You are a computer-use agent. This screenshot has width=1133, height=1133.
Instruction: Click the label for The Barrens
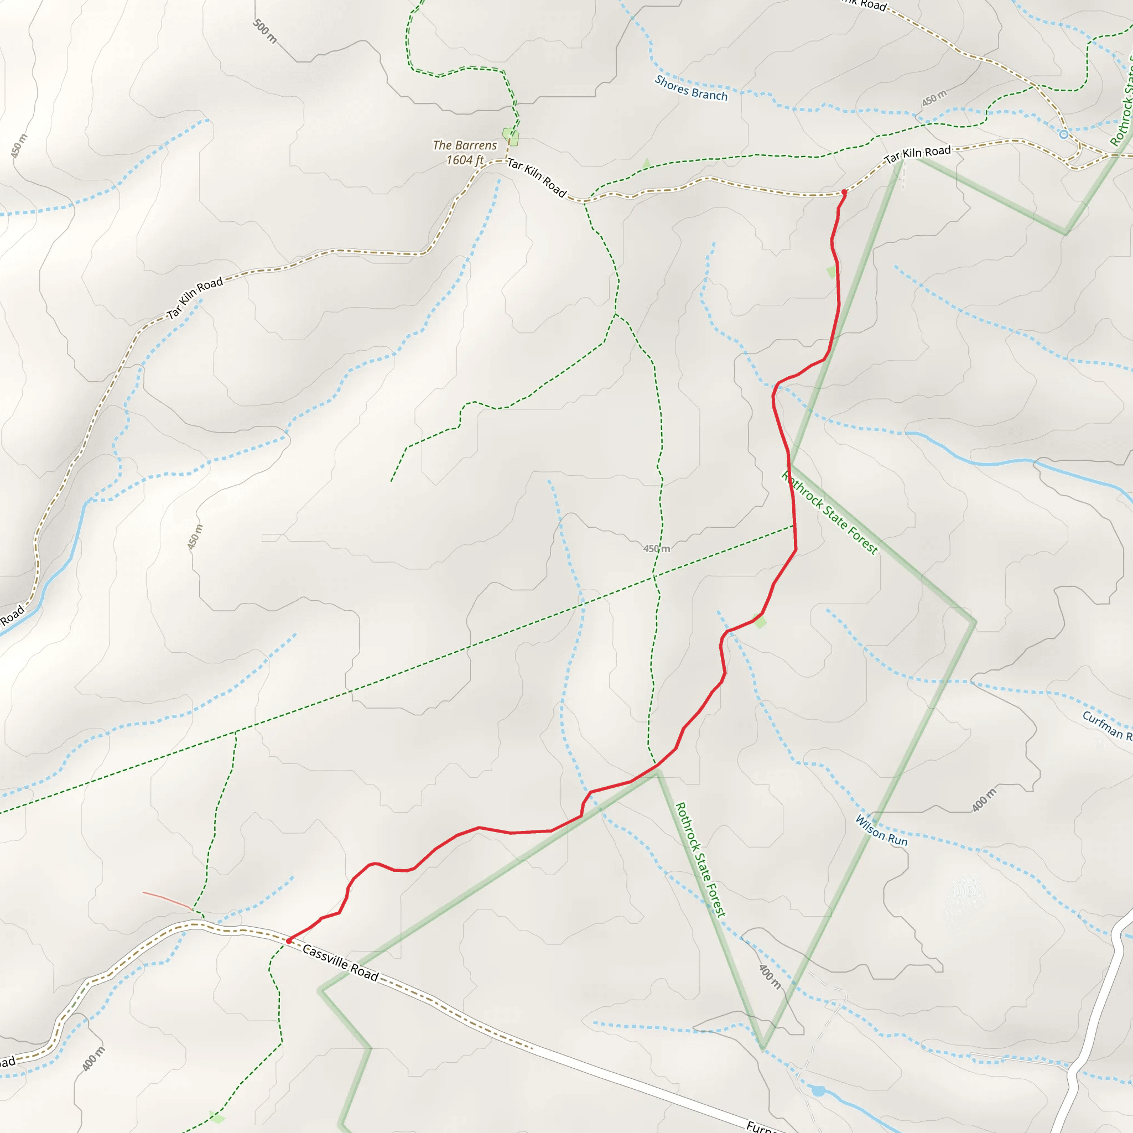point(465,145)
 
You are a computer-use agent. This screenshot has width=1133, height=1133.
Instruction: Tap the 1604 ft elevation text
point(465,160)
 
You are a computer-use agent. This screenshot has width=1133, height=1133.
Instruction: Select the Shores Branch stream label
point(691,88)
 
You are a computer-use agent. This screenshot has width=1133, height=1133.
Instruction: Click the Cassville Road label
point(340,963)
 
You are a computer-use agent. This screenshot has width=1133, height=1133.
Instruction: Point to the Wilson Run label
point(881,830)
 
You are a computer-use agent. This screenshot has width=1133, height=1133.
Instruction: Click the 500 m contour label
point(264,30)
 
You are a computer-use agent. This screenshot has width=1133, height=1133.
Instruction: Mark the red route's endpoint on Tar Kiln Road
point(844,192)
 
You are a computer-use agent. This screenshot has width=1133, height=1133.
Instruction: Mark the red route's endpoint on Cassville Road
point(289,940)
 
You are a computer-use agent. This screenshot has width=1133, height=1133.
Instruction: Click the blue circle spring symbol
point(1064,134)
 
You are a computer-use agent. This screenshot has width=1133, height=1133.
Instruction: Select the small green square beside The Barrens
point(511,137)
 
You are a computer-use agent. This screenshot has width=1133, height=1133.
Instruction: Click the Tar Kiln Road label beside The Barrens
point(537,178)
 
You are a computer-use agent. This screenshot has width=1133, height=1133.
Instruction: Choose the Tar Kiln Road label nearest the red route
point(917,154)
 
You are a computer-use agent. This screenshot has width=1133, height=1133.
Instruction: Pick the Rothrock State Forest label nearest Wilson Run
point(700,860)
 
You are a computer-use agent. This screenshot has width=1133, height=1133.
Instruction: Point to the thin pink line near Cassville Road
point(167,901)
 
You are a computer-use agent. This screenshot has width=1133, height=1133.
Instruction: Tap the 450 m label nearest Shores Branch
point(934,97)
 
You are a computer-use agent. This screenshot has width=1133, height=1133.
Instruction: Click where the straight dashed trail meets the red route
point(794,526)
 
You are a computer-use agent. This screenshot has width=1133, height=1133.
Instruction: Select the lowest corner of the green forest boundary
point(762,1047)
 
